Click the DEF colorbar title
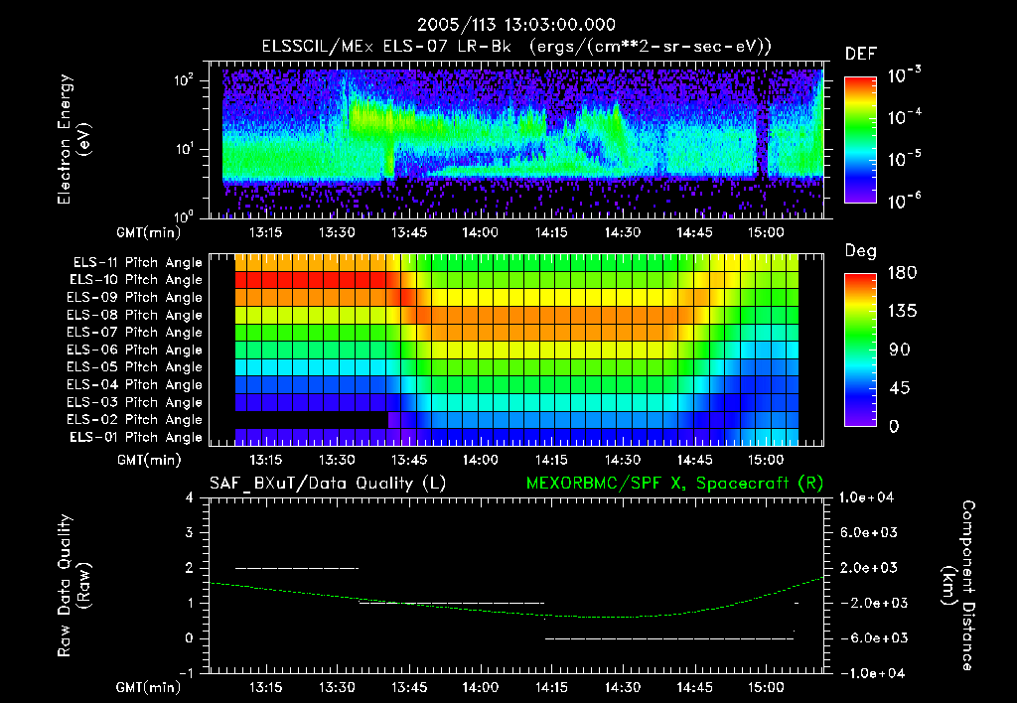(860, 55)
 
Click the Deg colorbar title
(860, 251)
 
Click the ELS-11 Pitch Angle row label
(137, 262)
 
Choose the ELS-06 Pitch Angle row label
(137, 350)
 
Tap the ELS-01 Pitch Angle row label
(137, 437)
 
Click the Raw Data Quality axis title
(75, 585)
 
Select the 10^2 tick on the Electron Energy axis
(184, 80)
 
